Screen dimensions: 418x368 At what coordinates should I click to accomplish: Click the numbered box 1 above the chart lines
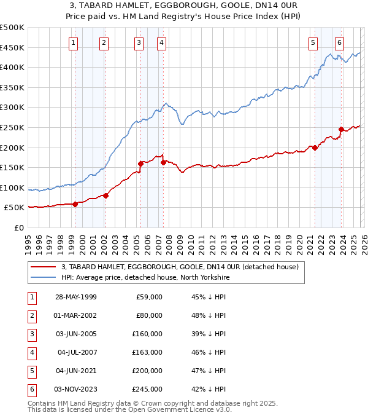(73, 42)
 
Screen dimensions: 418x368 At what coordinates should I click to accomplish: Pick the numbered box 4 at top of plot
(161, 42)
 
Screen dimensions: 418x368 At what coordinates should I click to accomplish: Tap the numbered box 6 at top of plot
(339, 42)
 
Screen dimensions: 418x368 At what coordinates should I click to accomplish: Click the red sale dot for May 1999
(75, 204)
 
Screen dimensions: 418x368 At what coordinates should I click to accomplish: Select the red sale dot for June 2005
(140, 164)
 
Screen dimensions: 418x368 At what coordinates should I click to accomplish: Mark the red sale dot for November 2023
(341, 129)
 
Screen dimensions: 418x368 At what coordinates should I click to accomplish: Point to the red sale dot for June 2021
(315, 148)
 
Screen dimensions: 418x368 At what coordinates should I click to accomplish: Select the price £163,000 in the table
(147, 352)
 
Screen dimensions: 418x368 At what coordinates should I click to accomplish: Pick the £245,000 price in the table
(147, 389)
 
